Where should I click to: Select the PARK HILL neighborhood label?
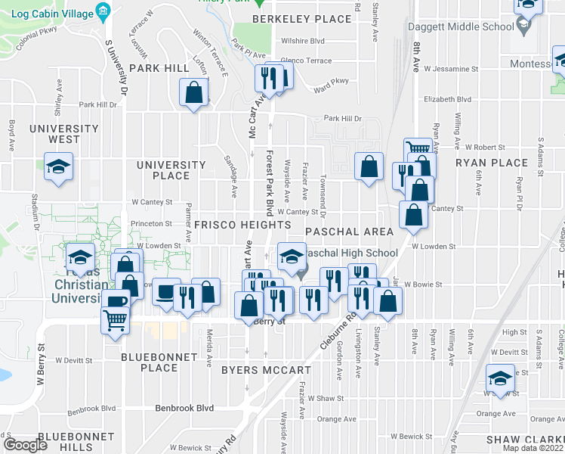159,68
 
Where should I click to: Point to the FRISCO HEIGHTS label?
242,225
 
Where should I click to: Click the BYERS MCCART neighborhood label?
266,371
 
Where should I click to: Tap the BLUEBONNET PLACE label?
159,362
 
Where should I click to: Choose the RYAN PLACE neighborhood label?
491,163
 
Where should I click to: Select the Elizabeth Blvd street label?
447,99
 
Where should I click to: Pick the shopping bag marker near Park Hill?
194,93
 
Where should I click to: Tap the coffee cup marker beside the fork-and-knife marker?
165,292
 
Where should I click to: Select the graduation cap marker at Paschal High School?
292,256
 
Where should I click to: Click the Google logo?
26,446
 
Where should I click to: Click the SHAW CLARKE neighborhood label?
524,440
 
